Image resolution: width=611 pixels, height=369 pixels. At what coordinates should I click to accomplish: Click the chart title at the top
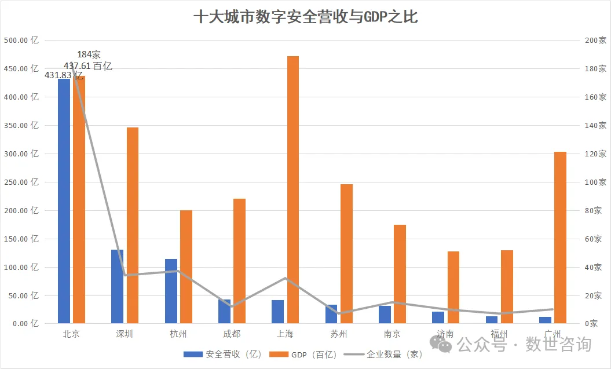pos(305,17)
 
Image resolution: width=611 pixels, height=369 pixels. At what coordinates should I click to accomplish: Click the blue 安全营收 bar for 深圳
pos(117,286)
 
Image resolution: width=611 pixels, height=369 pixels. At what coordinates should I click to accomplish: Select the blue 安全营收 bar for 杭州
pos(171,291)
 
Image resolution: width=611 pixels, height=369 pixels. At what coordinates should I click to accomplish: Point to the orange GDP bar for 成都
pos(239,261)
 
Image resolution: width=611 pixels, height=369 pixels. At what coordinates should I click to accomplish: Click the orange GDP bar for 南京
pos(400,273)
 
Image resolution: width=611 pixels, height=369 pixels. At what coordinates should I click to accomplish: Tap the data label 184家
pos(89,55)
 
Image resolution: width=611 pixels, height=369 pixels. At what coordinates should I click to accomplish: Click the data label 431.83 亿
pos(64,75)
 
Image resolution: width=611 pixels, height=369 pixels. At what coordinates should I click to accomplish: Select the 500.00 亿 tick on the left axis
pos(21,41)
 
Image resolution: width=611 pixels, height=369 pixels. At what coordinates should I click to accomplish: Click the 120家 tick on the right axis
pos(594,154)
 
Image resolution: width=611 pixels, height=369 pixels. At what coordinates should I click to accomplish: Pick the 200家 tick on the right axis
pos(594,41)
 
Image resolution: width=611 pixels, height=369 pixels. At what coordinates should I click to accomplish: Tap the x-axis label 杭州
pos(178,334)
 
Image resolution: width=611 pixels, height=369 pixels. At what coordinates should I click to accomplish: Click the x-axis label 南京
pos(392,334)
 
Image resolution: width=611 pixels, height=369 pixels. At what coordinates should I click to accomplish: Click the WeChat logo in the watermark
pos(445,345)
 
